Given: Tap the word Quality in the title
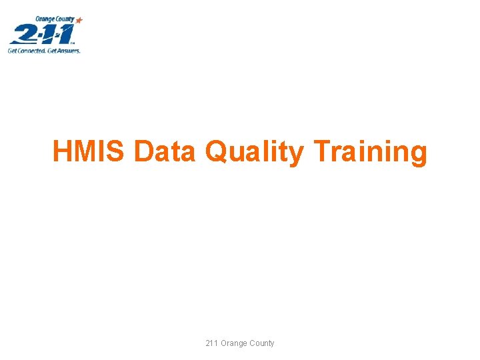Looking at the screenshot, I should pyautogui.click(x=254, y=153).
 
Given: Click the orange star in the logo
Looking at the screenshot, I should pyautogui.click(x=79, y=21).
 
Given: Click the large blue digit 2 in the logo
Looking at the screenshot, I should pyautogui.click(x=23, y=33).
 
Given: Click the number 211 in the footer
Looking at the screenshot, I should pyautogui.click(x=213, y=343).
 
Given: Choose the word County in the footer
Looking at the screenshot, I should pyautogui.click(x=262, y=343).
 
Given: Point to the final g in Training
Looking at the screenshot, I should pyautogui.click(x=418, y=155).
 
